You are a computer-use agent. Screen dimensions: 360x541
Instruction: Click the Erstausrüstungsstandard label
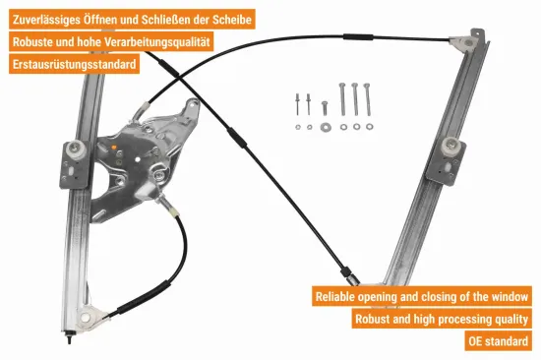point(74,65)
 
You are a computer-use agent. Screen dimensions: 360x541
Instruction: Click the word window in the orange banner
point(509,296)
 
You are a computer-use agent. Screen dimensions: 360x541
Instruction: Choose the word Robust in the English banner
point(378,319)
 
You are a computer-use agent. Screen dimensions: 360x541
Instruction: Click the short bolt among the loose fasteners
point(325,106)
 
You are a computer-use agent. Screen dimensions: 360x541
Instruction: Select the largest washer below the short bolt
point(325,126)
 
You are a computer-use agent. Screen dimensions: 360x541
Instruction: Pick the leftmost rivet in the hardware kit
point(295,102)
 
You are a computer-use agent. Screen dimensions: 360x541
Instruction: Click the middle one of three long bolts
point(355,99)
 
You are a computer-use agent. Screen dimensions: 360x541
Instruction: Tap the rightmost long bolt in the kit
point(369,99)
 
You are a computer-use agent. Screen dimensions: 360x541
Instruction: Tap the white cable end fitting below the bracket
point(173,208)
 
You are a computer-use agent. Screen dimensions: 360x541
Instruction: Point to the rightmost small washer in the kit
point(369,126)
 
